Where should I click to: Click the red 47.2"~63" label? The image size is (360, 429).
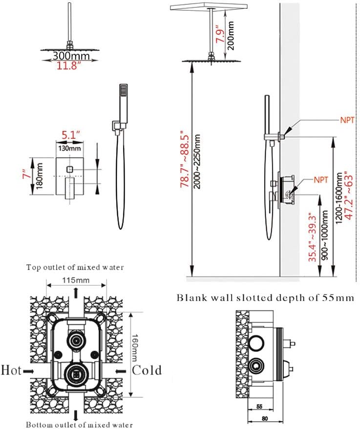(x=347, y=195)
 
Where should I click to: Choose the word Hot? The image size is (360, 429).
(x=11, y=370)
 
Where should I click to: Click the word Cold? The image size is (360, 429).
(x=147, y=370)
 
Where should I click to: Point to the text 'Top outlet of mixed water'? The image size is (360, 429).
(x=75, y=267)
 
